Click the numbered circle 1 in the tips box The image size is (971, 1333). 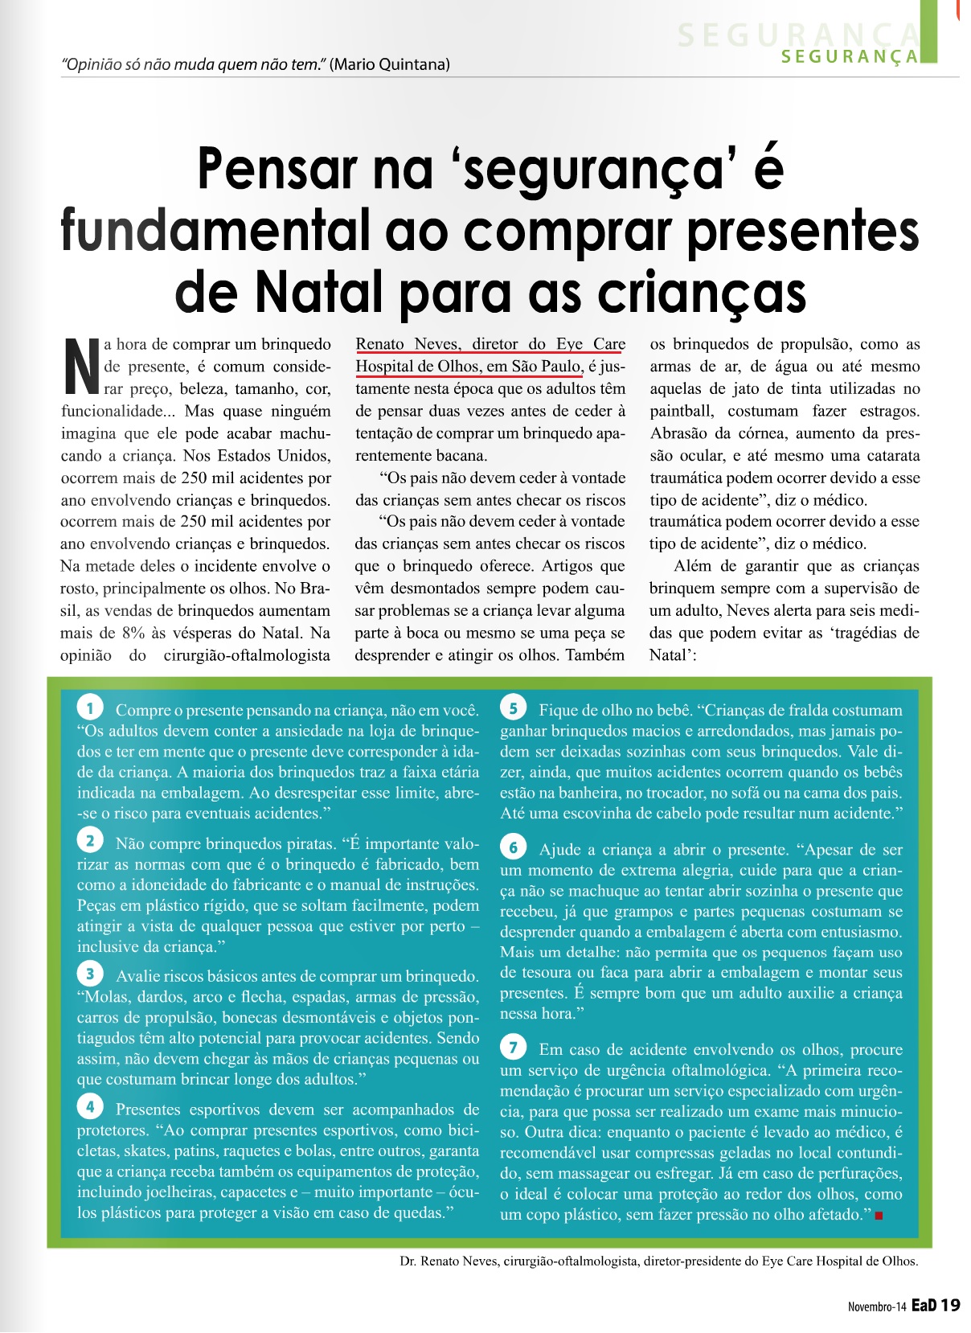90,708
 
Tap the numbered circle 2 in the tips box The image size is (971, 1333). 90,841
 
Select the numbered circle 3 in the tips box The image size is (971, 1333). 90,974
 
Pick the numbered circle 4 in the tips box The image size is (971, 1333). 90,1107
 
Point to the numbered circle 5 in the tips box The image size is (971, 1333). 513,708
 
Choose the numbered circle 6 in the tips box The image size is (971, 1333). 513,847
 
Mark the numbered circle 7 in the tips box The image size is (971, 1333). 513,1048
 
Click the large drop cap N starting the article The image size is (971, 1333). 80,367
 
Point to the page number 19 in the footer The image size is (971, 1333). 950,1306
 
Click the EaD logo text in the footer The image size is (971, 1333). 924,1306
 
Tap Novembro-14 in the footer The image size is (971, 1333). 876,1307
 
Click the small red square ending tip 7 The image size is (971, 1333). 879,1216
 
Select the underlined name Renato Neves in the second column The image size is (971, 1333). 408,344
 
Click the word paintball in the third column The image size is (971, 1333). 682,411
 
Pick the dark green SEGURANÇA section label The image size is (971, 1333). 849,56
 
